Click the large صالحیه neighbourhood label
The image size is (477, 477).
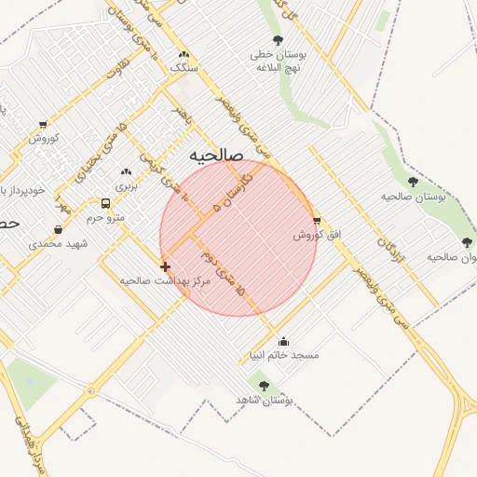tap(215, 155)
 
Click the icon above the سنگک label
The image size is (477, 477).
tap(184, 55)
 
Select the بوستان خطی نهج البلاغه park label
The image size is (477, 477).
tap(279, 60)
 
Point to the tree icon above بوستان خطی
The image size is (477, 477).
tap(278, 39)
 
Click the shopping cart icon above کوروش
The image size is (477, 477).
tap(44, 124)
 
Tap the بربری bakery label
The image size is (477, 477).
tap(125, 187)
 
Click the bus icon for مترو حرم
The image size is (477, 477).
tap(104, 203)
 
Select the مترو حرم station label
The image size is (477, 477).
tap(105, 217)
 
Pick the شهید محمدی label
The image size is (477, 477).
tap(57, 244)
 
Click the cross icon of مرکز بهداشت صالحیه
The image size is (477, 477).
tap(165, 266)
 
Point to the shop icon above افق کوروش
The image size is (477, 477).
tap(317, 222)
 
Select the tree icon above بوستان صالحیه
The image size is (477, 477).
tap(413, 182)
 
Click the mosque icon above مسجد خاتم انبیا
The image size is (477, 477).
tap(283, 341)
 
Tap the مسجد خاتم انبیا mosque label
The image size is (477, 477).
tap(283, 355)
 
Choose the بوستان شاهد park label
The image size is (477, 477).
tap(270, 400)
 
